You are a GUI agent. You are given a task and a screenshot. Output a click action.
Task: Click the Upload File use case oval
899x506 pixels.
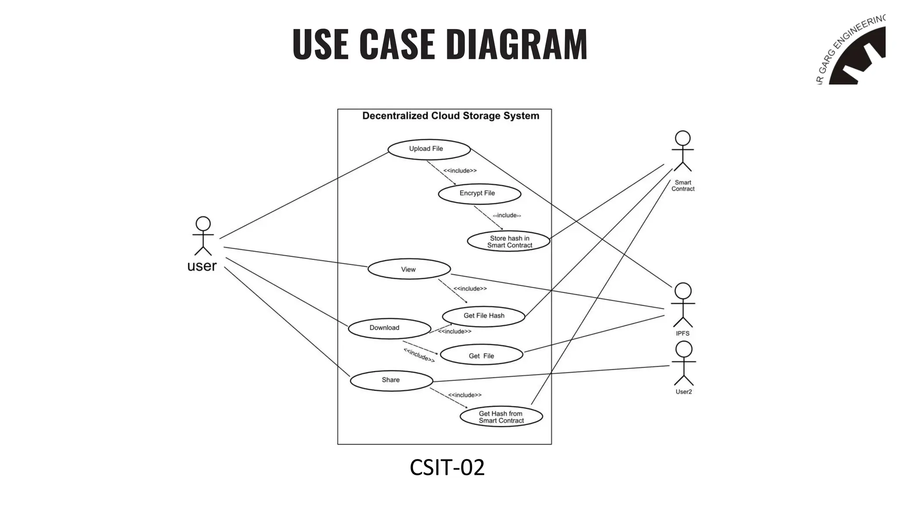click(x=429, y=149)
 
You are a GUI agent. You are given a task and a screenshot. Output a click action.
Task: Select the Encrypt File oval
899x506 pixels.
click(x=479, y=194)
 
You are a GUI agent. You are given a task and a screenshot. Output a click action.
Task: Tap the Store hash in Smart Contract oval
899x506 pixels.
click(x=508, y=242)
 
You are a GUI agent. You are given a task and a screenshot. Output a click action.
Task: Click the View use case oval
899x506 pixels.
click(x=409, y=269)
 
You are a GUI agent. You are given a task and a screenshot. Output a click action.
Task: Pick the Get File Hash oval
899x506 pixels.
click(x=483, y=316)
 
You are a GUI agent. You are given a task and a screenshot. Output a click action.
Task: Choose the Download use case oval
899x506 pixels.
click(x=389, y=329)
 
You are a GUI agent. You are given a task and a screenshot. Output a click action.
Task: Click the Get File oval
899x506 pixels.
click(x=481, y=355)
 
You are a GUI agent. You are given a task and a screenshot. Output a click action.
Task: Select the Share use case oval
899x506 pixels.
click(x=391, y=380)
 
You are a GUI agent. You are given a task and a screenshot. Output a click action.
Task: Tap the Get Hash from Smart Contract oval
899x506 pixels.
click(x=501, y=416)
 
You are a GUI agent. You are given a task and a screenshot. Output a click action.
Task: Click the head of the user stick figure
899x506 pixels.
click(x=203, y=224)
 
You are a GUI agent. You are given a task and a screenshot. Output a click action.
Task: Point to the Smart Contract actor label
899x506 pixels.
click(x=683, y=186)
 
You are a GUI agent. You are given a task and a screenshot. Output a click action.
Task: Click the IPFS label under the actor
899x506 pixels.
click(x=683, y=333)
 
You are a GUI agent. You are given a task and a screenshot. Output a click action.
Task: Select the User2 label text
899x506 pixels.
click(x=683, y=392)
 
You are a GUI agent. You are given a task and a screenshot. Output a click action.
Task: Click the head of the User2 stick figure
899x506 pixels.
click(x=683, y=349)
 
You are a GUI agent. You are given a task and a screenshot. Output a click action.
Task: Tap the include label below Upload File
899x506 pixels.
click(x=460, y=171)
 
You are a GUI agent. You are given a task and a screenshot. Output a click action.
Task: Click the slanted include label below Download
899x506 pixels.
click(x=419, y=355)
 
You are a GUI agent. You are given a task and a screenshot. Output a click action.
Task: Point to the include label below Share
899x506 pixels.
click(x=464, y=395)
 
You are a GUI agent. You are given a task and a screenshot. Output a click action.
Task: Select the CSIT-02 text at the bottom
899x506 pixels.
click(x=447, y=467)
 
